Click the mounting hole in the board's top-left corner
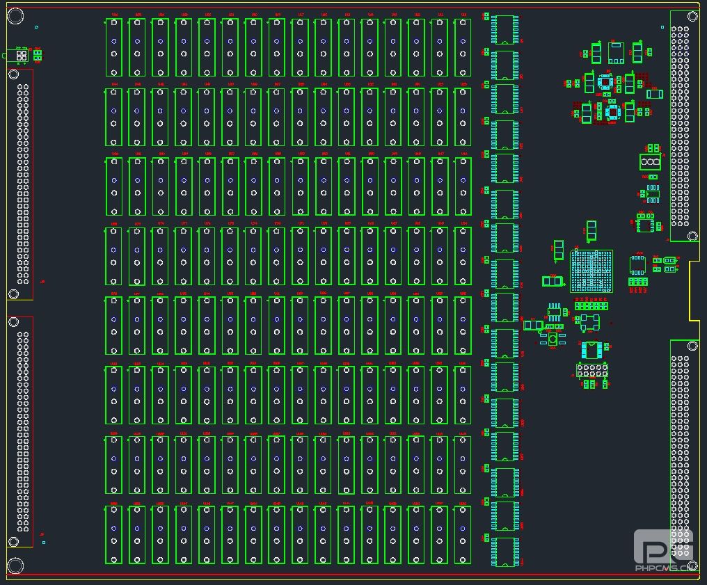(x=15, y=15)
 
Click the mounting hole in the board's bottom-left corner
(x=15, y=566)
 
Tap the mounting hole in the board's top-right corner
(x=692, y=15)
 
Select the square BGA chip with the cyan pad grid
(x=591, y=271)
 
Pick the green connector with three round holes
(x=650, y=162)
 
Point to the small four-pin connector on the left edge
(x=22, y=55)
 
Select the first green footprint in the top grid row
(x=114, y=47)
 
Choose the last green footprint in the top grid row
(x=463, y=47)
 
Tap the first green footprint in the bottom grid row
(x=114, y=534)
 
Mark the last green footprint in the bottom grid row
(x=463, y=534)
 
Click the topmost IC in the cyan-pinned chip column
(x=504, y=30)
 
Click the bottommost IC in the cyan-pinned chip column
(x=504, y=552)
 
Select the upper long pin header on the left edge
(x=23, y=184)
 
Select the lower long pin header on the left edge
(x=23, y=431)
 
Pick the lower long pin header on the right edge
(x=680, y=452)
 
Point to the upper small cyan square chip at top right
(x=605, y=82)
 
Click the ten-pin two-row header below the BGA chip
(x=592, y=369)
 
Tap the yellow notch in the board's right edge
(x=694, y=291)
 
